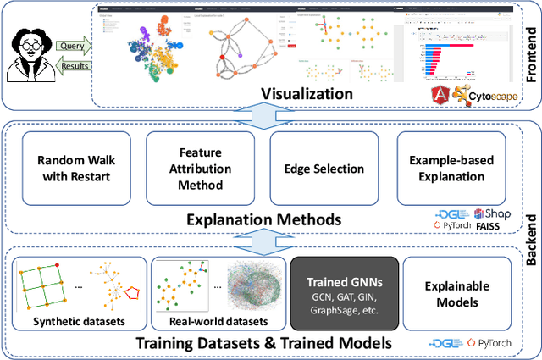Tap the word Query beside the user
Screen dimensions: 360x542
[70, 47]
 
